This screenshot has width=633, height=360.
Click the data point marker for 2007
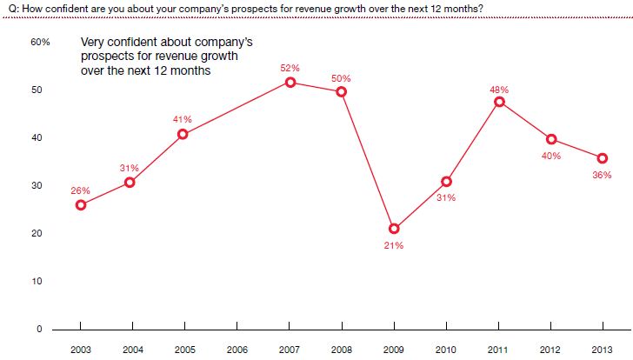pyautogui.click(x=290, y=83)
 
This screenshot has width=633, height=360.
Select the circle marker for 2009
pyautogui.click(x=394, y=229)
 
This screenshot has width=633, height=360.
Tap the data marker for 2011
pyautogui.click(x=499, y=102)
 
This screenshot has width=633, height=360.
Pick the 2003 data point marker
pyautogui.click(x=81, y=205)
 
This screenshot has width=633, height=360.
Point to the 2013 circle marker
pyautogui.click(x=603, y=157)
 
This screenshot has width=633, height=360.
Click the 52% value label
pyautogui.click(x=290, y=68)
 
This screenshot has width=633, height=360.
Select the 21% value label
pyautogui.click(x=394, y=245)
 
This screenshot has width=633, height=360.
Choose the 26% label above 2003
pyautogui.click(x=81, y=190)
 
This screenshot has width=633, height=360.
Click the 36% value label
pyautogui.click(x=602, y=175)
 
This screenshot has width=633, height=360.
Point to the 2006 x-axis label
pyautogui.click(x=237, y=349)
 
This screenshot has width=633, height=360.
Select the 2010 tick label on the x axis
pyautogui.click(x=446, y=349)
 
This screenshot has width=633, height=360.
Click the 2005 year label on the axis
pyautogui.click(x=185, y=349)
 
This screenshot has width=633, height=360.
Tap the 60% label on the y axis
pyautogui.click(x=41, y=43)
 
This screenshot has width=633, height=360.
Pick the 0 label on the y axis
pyautogui.click(x=39, y=329)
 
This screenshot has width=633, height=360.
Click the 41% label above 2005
pyautogui.click(x=185, y=119)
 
